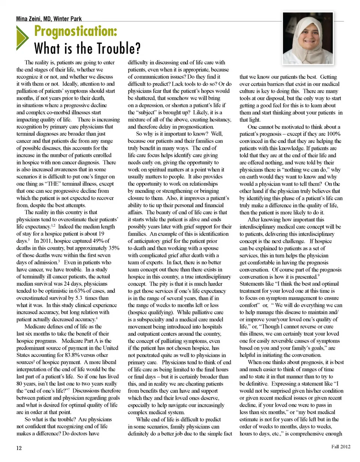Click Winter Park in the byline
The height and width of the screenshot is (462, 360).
pyautogui.click(x=67, y=19)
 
